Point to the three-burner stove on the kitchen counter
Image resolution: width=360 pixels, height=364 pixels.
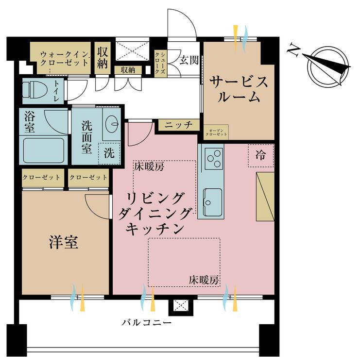tap(214, 158)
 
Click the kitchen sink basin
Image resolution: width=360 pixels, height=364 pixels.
tap(212, 201)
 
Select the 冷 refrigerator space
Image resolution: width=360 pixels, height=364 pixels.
tap(261, 156)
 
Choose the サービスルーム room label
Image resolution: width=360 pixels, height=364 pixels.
tap(238, 89)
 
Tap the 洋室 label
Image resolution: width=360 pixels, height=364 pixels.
tap(63, 242)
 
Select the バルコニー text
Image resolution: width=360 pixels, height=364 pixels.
tap(146, 322)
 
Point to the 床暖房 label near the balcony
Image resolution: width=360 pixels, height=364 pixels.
tap(204, 281)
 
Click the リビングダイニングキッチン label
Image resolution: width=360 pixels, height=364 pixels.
tap(154, 213)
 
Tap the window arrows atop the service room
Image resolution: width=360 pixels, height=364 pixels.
tap(240, 34)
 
